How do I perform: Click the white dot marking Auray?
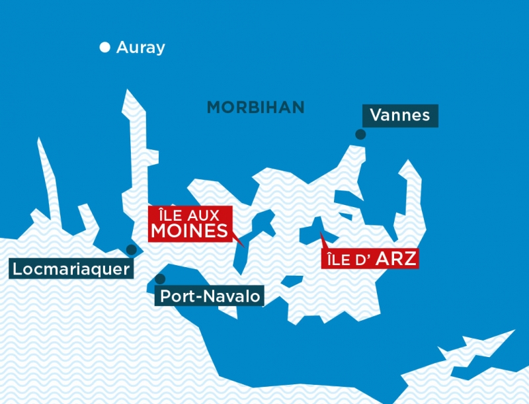(104, 47)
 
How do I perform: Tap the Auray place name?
(140, 48)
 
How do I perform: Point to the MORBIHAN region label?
(256, 107)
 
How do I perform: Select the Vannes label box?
(400, 116)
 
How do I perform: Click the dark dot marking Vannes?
(360, 134)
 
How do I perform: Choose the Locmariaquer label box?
(71, 268)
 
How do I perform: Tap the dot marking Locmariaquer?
(132, 249)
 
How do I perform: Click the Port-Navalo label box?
(210, 296)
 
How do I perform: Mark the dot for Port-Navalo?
(159, 279)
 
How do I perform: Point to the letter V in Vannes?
(376, 116)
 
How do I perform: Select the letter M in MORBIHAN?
(214, 107)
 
